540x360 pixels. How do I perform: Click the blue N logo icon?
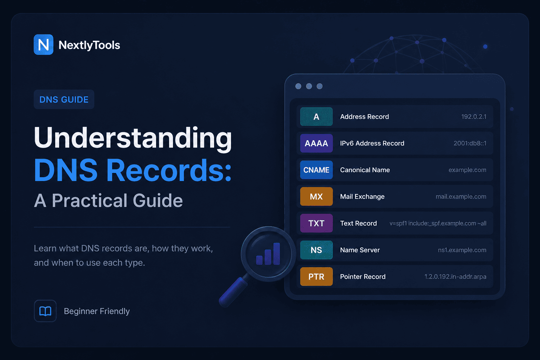pos(44,45)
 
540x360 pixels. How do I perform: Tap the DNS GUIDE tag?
pos(64,99)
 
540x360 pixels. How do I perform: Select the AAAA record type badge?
pos(316,143)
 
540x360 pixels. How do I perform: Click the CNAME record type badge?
pos(316,170)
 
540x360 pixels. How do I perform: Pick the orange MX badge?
pos(316,197)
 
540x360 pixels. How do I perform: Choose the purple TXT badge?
pos(316,223)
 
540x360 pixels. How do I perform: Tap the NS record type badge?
pos(316,250)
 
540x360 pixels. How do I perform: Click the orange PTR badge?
pos(316,277)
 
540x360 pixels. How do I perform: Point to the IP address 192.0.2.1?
pos(474,117)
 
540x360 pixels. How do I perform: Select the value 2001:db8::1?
pos(470,143)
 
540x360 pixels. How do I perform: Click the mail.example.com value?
pos(461,197)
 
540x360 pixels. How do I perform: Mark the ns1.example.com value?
pos(462,250)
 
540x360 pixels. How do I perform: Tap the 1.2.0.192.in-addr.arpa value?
pos(455,277)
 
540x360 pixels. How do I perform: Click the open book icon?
pos(45,311)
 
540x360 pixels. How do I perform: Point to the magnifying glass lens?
pos(268,254)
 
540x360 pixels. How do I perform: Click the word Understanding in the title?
pos(133,138)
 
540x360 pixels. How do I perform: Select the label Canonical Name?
pos(365,170)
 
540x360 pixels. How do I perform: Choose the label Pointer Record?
pos(363,277)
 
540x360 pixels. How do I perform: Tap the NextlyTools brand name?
pos(89,45)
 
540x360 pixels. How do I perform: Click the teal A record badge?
pos(316,117)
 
